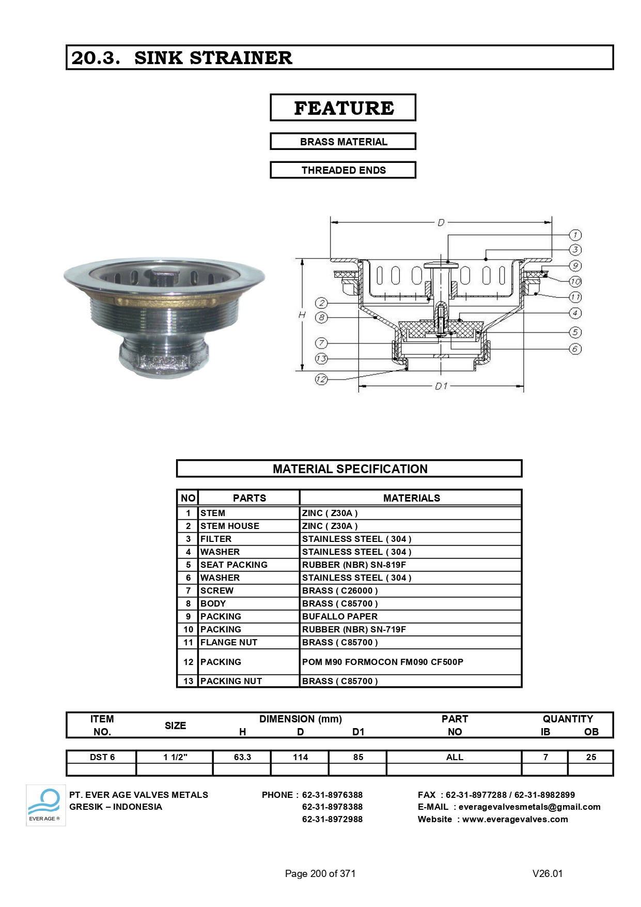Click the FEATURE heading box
[x=343, y=108]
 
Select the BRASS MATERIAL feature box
[x=343, y=142]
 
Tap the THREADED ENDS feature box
[x=343, y=170]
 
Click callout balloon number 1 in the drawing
[x=575, y=235]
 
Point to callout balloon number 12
[x=321, y=379]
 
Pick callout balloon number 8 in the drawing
[x=321, y=317]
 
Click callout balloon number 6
[x=575, y=349]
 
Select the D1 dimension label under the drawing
[x=441, y=386]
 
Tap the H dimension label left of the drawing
[x=302, y=314]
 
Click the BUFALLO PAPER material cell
[x=339, y=616]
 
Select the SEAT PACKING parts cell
[x=233, y=565]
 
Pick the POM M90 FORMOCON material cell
[x=382, y=662]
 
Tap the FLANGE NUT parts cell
[x=228, y=642]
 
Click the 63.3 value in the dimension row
[x=242, y=757]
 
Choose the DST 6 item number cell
[x=102, y=757]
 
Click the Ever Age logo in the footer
[x=45, y=805]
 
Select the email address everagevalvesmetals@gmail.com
[x=529, y=807]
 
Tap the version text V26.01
[x=547, y=873]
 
